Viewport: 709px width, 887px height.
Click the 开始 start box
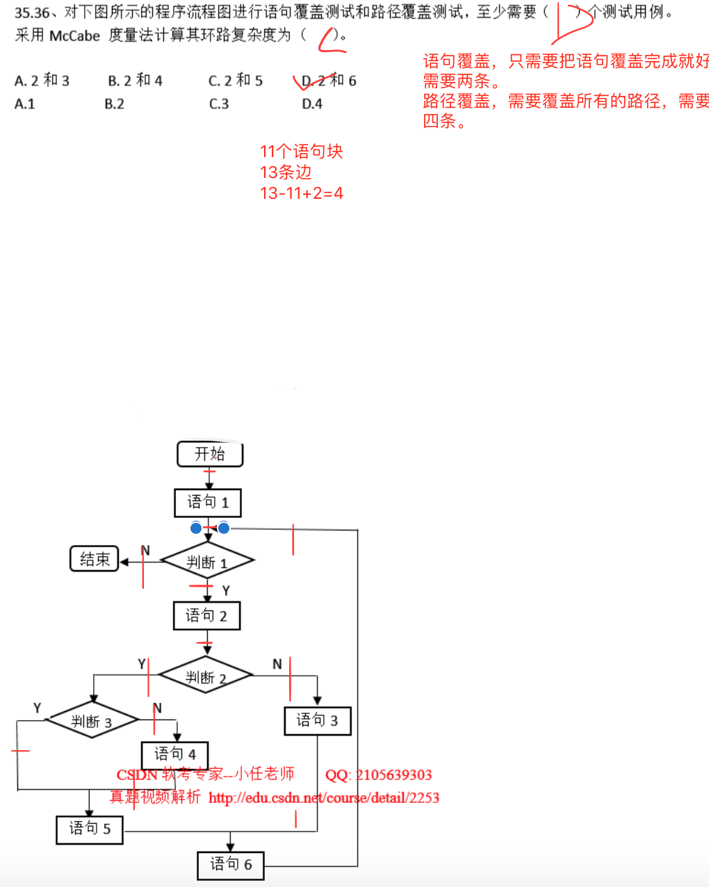[x=210, y=454]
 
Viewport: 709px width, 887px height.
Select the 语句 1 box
[x=208, y=503]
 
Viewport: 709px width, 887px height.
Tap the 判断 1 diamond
[x=207, y=561]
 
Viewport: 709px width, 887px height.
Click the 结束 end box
[x=95, y=559]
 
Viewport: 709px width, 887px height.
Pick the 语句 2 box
[x=206, y=616]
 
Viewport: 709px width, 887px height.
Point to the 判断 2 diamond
[x=206, y=676]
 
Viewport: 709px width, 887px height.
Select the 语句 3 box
[x=318, y=721]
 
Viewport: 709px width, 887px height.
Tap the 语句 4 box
[x=175, y=754]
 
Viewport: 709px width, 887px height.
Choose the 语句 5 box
[x=90, y=829]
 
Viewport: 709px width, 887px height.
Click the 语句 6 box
[x=231, y=865]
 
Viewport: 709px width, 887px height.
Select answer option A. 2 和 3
[x=42, y=81]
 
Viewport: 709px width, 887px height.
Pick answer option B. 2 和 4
[x=135, y=81]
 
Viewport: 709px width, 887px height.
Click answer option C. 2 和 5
[x=236, y=81]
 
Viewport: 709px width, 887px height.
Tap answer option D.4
[x=312, y=104]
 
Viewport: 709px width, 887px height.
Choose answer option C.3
[x=219, y=104]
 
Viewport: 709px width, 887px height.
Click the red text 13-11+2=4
[x=301, y=193]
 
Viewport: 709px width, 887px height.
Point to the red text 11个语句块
[x=301, y=152]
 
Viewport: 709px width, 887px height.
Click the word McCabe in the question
[x=75, y=35]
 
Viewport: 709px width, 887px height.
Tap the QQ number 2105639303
[x=393, y=775]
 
